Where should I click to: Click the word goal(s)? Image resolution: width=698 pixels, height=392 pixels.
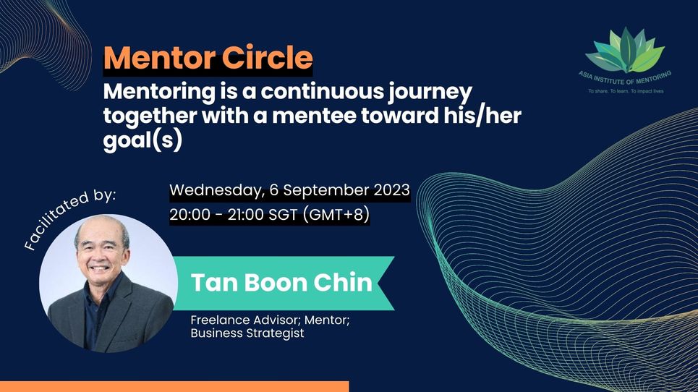pyautogui.click(x=142, y=140)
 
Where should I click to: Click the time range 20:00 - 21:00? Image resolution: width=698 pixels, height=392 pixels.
pyautogui.click(x=229, y=215)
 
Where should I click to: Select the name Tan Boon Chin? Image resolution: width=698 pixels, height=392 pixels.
pyautogui.click(x=281, y=282)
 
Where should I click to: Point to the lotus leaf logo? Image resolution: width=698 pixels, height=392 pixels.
pyautogui.click(x=625, y=50)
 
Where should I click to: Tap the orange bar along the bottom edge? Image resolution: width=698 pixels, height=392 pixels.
pyautogui.click(x=174, y=386)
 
